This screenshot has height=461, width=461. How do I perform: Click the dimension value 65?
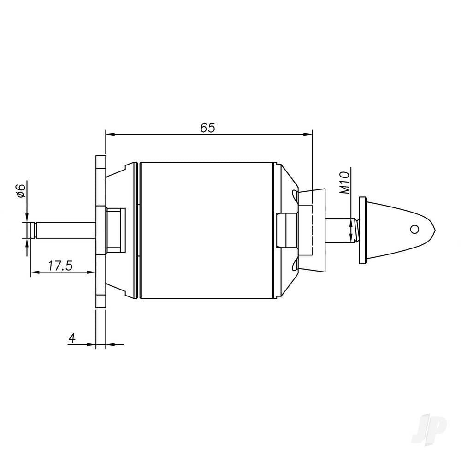(x=207, y=128)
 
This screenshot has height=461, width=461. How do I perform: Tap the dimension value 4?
(x=71, y=338)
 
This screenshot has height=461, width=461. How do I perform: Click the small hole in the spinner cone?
(x=415, y=229)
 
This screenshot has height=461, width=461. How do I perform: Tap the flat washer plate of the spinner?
(x=362, y=230)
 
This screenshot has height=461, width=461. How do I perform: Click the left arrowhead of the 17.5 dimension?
(x=34, y=272)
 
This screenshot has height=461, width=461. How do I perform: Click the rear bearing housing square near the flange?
(x=116, y=230)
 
